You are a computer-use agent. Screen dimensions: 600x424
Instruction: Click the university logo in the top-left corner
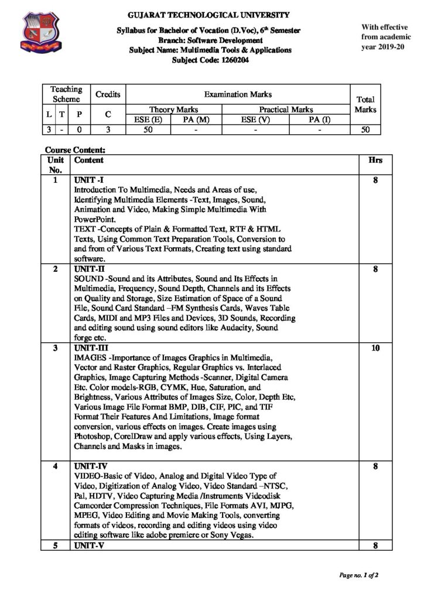[x=40, y=35]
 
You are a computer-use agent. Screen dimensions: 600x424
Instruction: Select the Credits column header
[x=108, y=94]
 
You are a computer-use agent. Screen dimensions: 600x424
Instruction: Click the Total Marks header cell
[x=365, y=104]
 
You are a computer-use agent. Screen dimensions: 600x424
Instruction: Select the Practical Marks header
[x=286, y=110]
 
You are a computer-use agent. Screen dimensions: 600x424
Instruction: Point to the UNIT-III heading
[x=88, y=348]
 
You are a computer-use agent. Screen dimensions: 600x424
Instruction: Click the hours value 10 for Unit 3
[x=375, y=348]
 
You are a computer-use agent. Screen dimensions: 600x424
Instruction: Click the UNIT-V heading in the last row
[x=87, y=546]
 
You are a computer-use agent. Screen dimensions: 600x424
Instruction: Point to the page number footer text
[x=358, y=575]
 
